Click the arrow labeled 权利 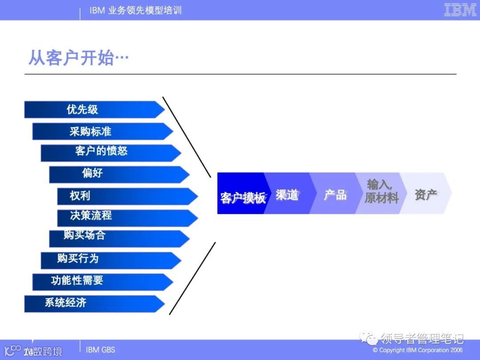point(127,196)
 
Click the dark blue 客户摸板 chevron point(241,194)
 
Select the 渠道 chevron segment point(288,194)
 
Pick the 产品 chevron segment point(334,194)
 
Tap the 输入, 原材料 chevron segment point(380,192)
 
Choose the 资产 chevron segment point(426,194)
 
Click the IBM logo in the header point(460,10)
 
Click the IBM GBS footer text point(100,350)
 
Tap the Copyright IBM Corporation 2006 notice point(418,350)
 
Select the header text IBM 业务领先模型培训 point(136,10)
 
